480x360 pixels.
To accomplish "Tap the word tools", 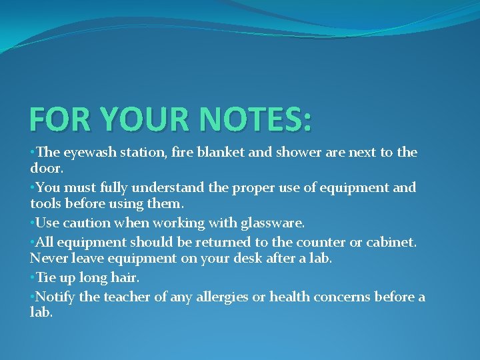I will pos(46,204).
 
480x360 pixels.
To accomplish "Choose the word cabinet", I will pos(390,242).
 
